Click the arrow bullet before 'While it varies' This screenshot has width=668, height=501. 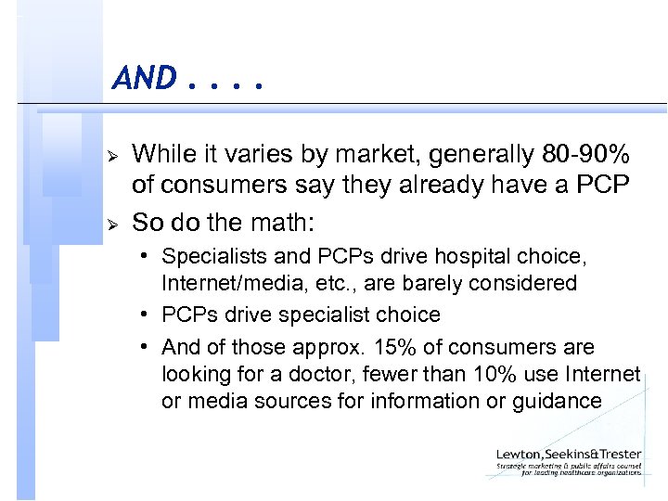[x=111, y=153]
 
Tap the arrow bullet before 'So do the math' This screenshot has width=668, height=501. [x=111, y=223]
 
